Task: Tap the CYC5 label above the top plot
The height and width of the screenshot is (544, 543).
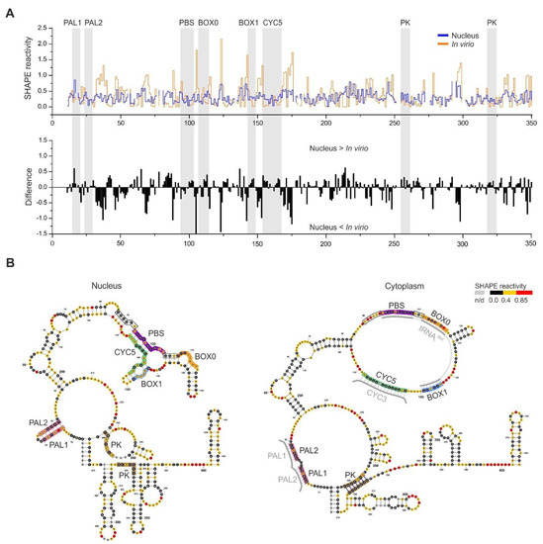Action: point(273,22)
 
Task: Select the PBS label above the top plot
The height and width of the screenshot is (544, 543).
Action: point(187,22)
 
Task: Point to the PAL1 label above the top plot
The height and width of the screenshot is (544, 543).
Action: point(73,22)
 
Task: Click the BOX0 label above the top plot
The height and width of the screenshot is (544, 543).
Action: point(209,22)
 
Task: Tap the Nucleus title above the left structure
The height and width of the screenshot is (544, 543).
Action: point(103,287)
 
